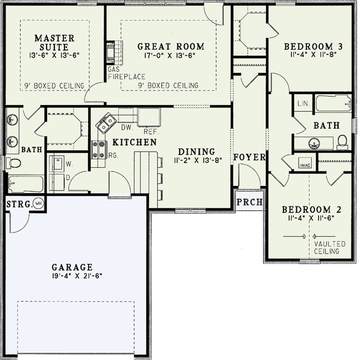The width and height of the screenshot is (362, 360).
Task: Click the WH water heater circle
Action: coord(39,204)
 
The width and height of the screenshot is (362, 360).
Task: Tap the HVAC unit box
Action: coord(305,163)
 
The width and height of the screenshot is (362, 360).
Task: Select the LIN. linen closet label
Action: coord(303,103)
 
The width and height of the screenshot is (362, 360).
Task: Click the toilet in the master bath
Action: coord(13,163)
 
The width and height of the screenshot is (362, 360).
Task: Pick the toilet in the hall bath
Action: coord(342,142)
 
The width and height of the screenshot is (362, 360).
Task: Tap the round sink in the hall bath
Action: coord(314,143)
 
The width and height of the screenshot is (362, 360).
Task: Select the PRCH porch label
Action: coord(250,202)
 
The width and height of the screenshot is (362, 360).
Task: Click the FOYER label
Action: coord(250,157)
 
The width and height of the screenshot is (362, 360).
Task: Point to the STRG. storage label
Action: coord(19,204)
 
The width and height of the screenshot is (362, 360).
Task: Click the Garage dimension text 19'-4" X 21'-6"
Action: coord(77,276)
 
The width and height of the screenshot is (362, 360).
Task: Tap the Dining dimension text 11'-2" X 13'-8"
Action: coord(198,160)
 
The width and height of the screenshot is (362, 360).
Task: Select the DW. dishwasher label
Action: coord(127,127)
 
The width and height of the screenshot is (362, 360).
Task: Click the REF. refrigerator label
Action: coord(151,132)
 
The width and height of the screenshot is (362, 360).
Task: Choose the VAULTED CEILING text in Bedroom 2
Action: coord(329,248)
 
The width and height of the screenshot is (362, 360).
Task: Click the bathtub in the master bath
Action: coord(26,184)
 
